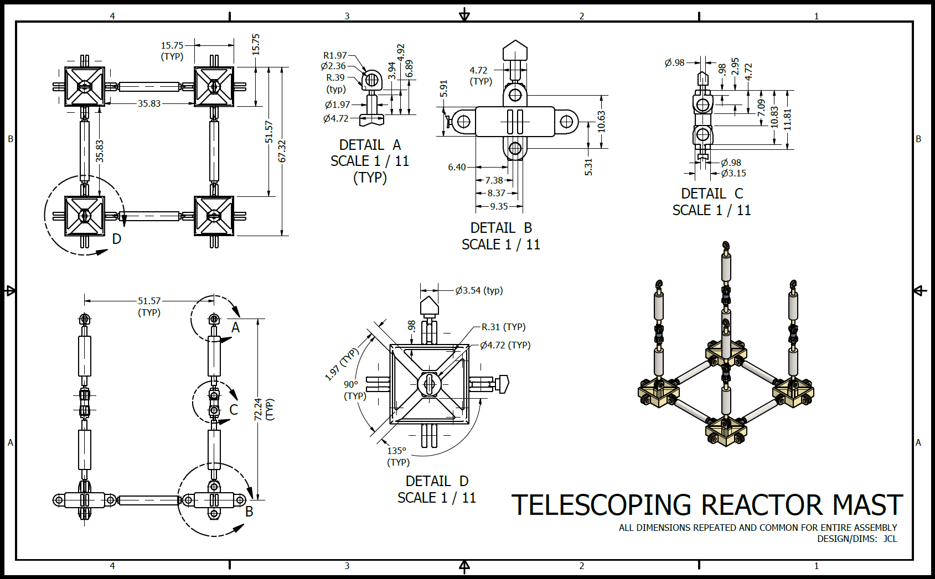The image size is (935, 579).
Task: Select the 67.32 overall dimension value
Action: pos(282,151)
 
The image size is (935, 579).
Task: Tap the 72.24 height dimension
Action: pos(258,409)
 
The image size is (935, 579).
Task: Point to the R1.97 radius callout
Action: pos(335,55)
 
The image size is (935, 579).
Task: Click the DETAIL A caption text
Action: pos(370,145)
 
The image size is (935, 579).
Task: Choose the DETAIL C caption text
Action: pos(712,194)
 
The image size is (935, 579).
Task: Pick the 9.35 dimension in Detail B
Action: pos(499,206)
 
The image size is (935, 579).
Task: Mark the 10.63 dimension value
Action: pos(602,122)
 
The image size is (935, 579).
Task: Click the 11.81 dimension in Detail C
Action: pos(788,119)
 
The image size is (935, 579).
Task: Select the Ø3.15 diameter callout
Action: pos(733,173)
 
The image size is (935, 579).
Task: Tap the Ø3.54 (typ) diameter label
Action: pos(479,290)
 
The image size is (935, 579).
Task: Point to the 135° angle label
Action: pos(396,451)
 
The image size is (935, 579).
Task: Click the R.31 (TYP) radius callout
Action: pos(503,327)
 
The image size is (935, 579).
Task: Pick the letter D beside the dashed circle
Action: pos(117,239)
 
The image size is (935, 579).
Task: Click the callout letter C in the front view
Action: pos(234,410)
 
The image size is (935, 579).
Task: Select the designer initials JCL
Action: pos(890,539)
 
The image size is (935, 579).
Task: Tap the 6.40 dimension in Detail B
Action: pos(457,167)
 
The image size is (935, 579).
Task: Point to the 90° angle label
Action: pos(351,384)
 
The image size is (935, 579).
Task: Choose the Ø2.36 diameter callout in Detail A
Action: pos(333,66)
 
